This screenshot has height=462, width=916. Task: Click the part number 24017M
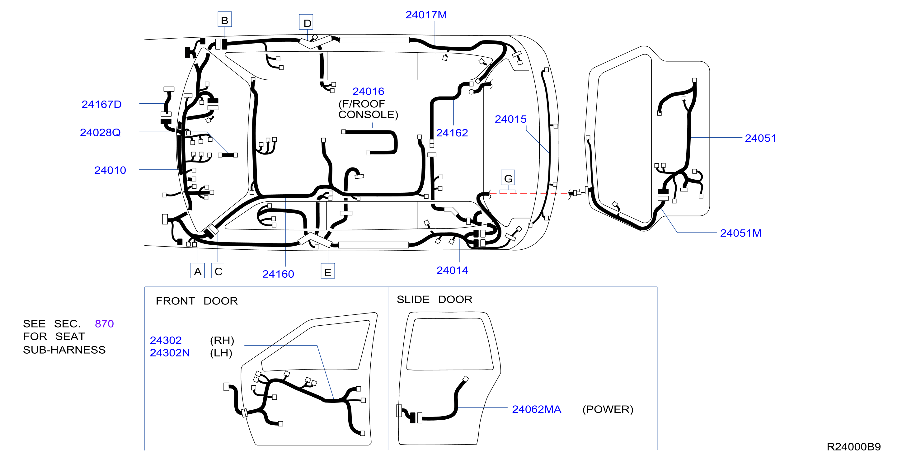click(x=426, y=15)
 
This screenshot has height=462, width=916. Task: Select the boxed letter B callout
click(x=225, y=20)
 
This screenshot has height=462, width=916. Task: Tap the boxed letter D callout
click(x=306, y=22)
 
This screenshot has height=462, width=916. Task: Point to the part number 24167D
click(x=102, y=104)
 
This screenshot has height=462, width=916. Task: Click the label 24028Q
click(x=100, y=132)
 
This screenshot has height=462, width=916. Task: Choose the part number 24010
click(x=110, y=170)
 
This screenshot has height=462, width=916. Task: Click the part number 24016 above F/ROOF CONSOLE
click(x=369, y=92)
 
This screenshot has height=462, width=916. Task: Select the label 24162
click(x=452, y=133)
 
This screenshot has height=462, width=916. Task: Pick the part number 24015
click(x=511, y=119)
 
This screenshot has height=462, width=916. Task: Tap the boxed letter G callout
click(x=508, y=178)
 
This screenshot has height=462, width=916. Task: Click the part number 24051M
click(x=741, y=233)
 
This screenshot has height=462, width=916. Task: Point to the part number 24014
click(x=452, y=270)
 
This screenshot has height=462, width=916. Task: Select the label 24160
click(x=278, y=274)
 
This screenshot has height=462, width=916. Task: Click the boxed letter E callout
click(x=328, y=271)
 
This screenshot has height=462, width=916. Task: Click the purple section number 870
click(x=104, y=324)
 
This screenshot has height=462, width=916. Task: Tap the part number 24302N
click(x=170, y=353)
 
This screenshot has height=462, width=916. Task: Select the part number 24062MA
click(x=537, y=409)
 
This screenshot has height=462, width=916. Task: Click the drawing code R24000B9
click(x=853, y=447)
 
